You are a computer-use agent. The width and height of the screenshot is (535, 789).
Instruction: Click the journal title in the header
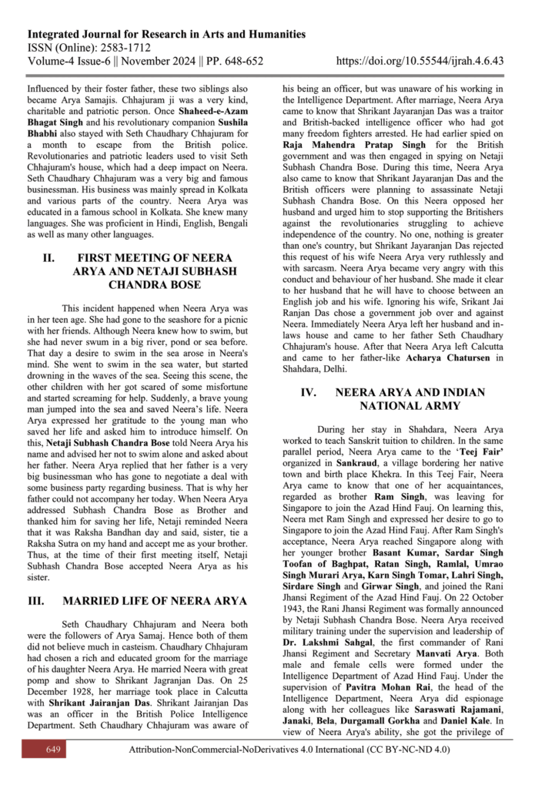tap(166, 35)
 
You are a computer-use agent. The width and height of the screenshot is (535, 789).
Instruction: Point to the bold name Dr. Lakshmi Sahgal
tap(326, 656)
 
